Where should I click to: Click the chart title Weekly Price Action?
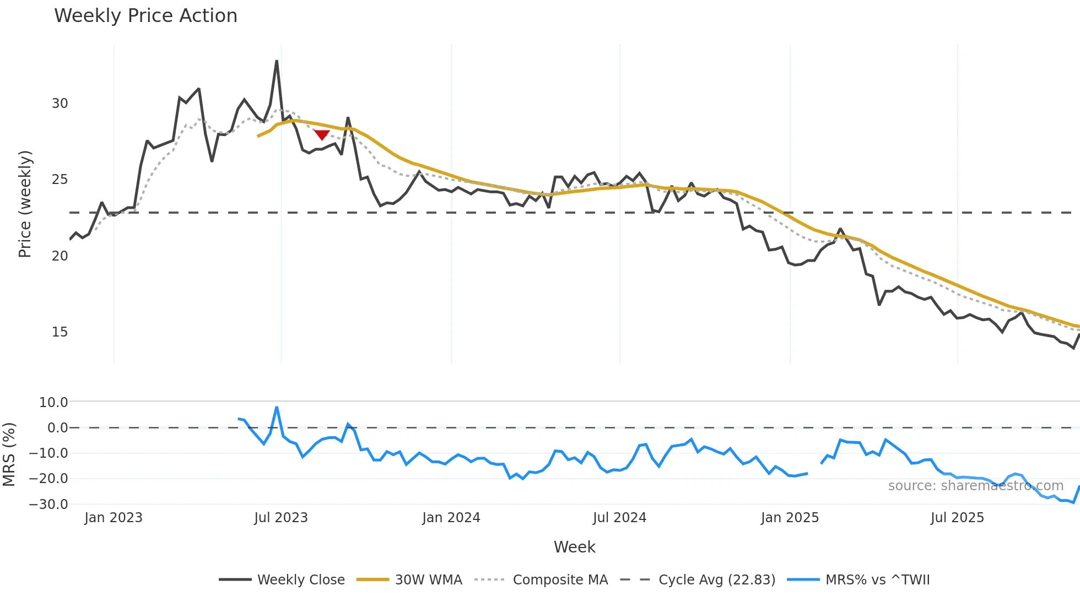pos(145,15)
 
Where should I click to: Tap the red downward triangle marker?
pos(322,135)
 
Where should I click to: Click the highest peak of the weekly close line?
pos(277,61)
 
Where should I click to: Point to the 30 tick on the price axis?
pos(60,104)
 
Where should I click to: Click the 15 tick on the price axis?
pos(60,332)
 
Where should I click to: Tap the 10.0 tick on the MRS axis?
pos(53,402)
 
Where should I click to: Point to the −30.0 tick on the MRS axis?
pos(48,504)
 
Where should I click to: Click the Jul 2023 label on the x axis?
pos(281,518)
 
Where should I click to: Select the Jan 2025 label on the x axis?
pos(790,518)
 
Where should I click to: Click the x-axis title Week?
pos(574,547)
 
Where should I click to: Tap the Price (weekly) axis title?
pos(25,204)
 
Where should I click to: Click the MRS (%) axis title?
pos(9,454)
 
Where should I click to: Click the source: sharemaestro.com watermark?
pos(975,486)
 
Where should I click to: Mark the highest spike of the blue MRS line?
pos(277,408)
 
